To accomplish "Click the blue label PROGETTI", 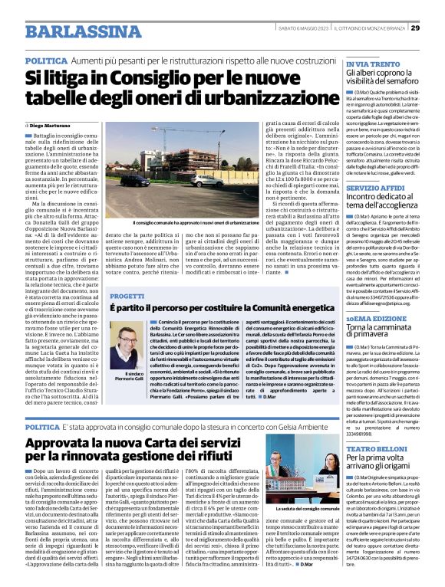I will pos(127,295).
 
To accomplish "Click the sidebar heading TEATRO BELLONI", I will pos(376,446).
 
